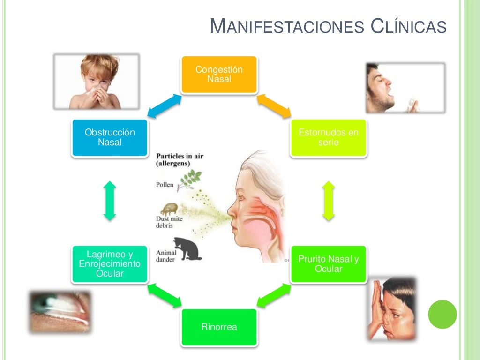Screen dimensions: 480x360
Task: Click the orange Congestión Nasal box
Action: click(x=219, y=75)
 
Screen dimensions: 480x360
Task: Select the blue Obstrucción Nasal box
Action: click(x=110, y=138)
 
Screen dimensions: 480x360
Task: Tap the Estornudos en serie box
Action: click(x=329, y=138)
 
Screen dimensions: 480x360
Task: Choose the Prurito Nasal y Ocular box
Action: click(x=329, y=264)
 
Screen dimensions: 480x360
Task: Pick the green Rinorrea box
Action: click(x=219, y=327)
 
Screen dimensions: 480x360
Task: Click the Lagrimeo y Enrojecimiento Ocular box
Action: click(x=110, y=264)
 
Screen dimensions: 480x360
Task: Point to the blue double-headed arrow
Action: click(x=165, y=106)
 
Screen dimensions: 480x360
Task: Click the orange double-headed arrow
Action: click(x=274, y=106)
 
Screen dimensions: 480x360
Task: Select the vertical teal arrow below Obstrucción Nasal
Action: click(x=110, y=201)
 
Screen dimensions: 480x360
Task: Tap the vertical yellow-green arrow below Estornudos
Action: click(x=329, y=201)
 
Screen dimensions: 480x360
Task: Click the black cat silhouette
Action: click(x=187, y=248)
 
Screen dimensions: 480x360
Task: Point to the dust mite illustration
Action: click(x=169, y=209)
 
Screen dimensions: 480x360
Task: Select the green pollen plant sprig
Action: click(x=189, y=180)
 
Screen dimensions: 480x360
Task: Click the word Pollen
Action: click(x=165, y=185)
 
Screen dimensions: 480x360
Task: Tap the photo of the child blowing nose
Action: click(x=97, y=82)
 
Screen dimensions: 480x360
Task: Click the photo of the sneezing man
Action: click(x=405, y=88)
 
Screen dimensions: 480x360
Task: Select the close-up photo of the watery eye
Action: click(x=60, y=312)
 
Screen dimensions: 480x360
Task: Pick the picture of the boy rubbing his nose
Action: click(x=392, y=309)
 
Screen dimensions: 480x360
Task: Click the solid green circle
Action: click(x=442, y=315)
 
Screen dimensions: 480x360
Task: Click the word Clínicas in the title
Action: click(x=409, y=26)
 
